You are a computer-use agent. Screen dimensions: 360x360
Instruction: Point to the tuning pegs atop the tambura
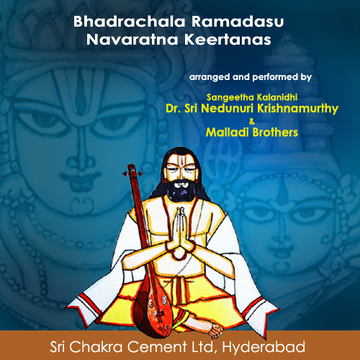130,173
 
